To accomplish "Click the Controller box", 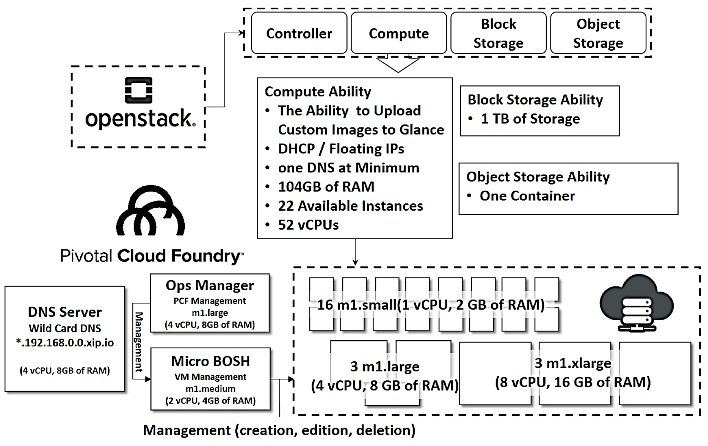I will [299, 33].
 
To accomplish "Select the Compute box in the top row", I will [399, 33].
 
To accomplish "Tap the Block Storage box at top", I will [498, 33].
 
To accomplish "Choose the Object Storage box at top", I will [598, 33].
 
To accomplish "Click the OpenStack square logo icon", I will [139, 90].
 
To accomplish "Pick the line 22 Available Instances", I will [350, 206].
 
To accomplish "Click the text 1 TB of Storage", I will [530, 119].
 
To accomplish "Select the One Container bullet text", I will [527, 196].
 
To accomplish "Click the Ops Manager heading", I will [210, 285].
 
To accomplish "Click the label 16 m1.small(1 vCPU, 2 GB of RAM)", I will [431, 305].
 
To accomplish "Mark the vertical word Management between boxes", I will [139, 342].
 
